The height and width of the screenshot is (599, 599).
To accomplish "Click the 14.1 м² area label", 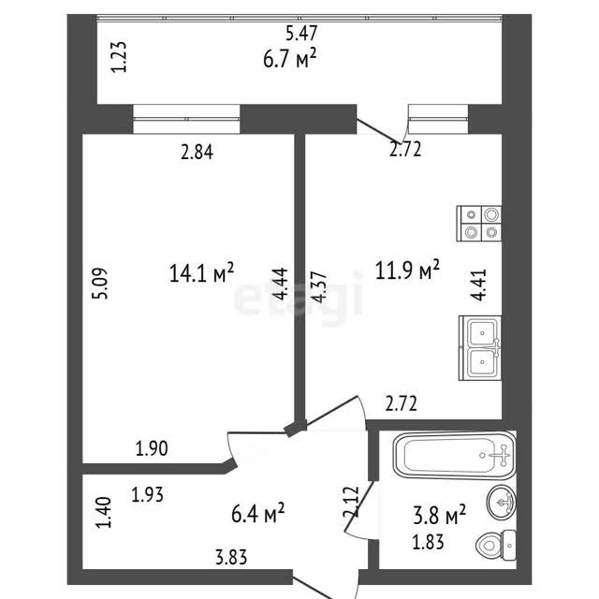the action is [201, 272].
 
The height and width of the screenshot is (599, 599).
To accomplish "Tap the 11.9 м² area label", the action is [407, 270].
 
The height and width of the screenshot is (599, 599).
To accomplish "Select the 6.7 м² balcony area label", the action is [290, 58].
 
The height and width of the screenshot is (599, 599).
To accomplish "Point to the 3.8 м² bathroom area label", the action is [439, 514].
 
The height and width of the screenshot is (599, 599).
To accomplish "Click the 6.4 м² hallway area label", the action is [258, 513].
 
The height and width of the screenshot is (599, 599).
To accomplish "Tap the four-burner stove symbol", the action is [479, 224].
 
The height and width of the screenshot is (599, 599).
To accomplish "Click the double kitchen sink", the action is [480, 348].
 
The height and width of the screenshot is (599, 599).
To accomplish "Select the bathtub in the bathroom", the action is [455, 455].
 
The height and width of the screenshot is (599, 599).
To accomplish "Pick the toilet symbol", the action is [496, 545].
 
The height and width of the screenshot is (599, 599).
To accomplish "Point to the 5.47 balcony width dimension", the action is [301, 34].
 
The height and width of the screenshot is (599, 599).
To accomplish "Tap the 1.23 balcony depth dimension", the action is [119, 56].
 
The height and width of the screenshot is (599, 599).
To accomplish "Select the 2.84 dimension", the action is [197, 152].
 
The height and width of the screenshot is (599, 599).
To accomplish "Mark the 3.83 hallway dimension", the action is [231, 558].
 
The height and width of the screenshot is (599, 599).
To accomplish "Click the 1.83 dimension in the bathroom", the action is [428, 542].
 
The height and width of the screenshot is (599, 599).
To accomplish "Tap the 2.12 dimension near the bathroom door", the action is [352, 502].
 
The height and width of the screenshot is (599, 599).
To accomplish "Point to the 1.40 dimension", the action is [104, 512].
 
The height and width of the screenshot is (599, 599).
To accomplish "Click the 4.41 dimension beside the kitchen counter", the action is [478, 285].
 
